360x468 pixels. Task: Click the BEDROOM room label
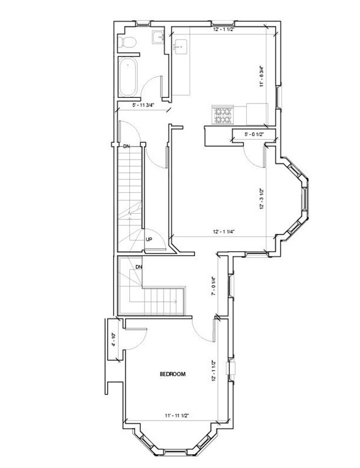[x=172, y=374]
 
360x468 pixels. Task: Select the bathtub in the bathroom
[x=130, y=77]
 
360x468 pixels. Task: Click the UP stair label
[x=149, y=240]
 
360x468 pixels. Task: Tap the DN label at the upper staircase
[x=126, y=146]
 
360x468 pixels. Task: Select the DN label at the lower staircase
[x=139, y=267]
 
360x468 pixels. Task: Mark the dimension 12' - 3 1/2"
[x=262, y=198]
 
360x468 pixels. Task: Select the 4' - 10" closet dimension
[x=113, y=340]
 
